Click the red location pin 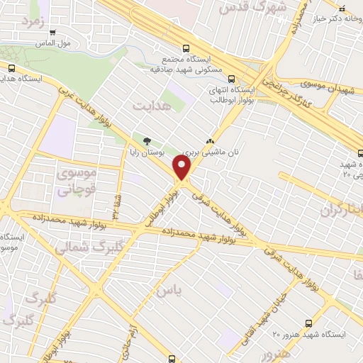coord(182,168)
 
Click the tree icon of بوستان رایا coord(147,140)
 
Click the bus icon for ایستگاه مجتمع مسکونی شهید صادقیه coord(185,48)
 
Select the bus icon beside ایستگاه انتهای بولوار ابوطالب coord(259,80)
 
